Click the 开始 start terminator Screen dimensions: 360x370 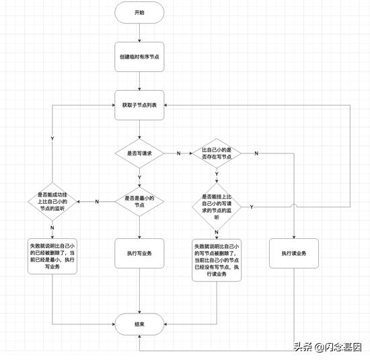click(139, 12)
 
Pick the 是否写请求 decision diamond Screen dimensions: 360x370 click(139, 153)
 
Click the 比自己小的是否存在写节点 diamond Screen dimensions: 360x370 click(217, 153)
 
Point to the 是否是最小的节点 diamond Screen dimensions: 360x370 click(139, 201)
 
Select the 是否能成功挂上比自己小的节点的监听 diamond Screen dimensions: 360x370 click(52, 201)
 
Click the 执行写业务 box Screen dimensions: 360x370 click(139, 253)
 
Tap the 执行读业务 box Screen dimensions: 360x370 click(294, 253)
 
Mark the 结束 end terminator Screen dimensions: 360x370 click(139, 324)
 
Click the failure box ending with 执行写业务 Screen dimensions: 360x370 click(52, 256)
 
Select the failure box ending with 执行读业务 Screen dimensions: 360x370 click(217, 258)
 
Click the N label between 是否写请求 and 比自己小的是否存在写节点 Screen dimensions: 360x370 click(178, 154)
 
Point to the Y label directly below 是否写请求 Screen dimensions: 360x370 click(139, 178)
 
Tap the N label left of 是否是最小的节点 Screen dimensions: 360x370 click(97, 202)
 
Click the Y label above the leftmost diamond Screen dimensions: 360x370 click(52, 138)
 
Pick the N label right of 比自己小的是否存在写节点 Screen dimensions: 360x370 click(256, 154)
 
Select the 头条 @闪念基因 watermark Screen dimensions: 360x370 click(327, 347)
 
